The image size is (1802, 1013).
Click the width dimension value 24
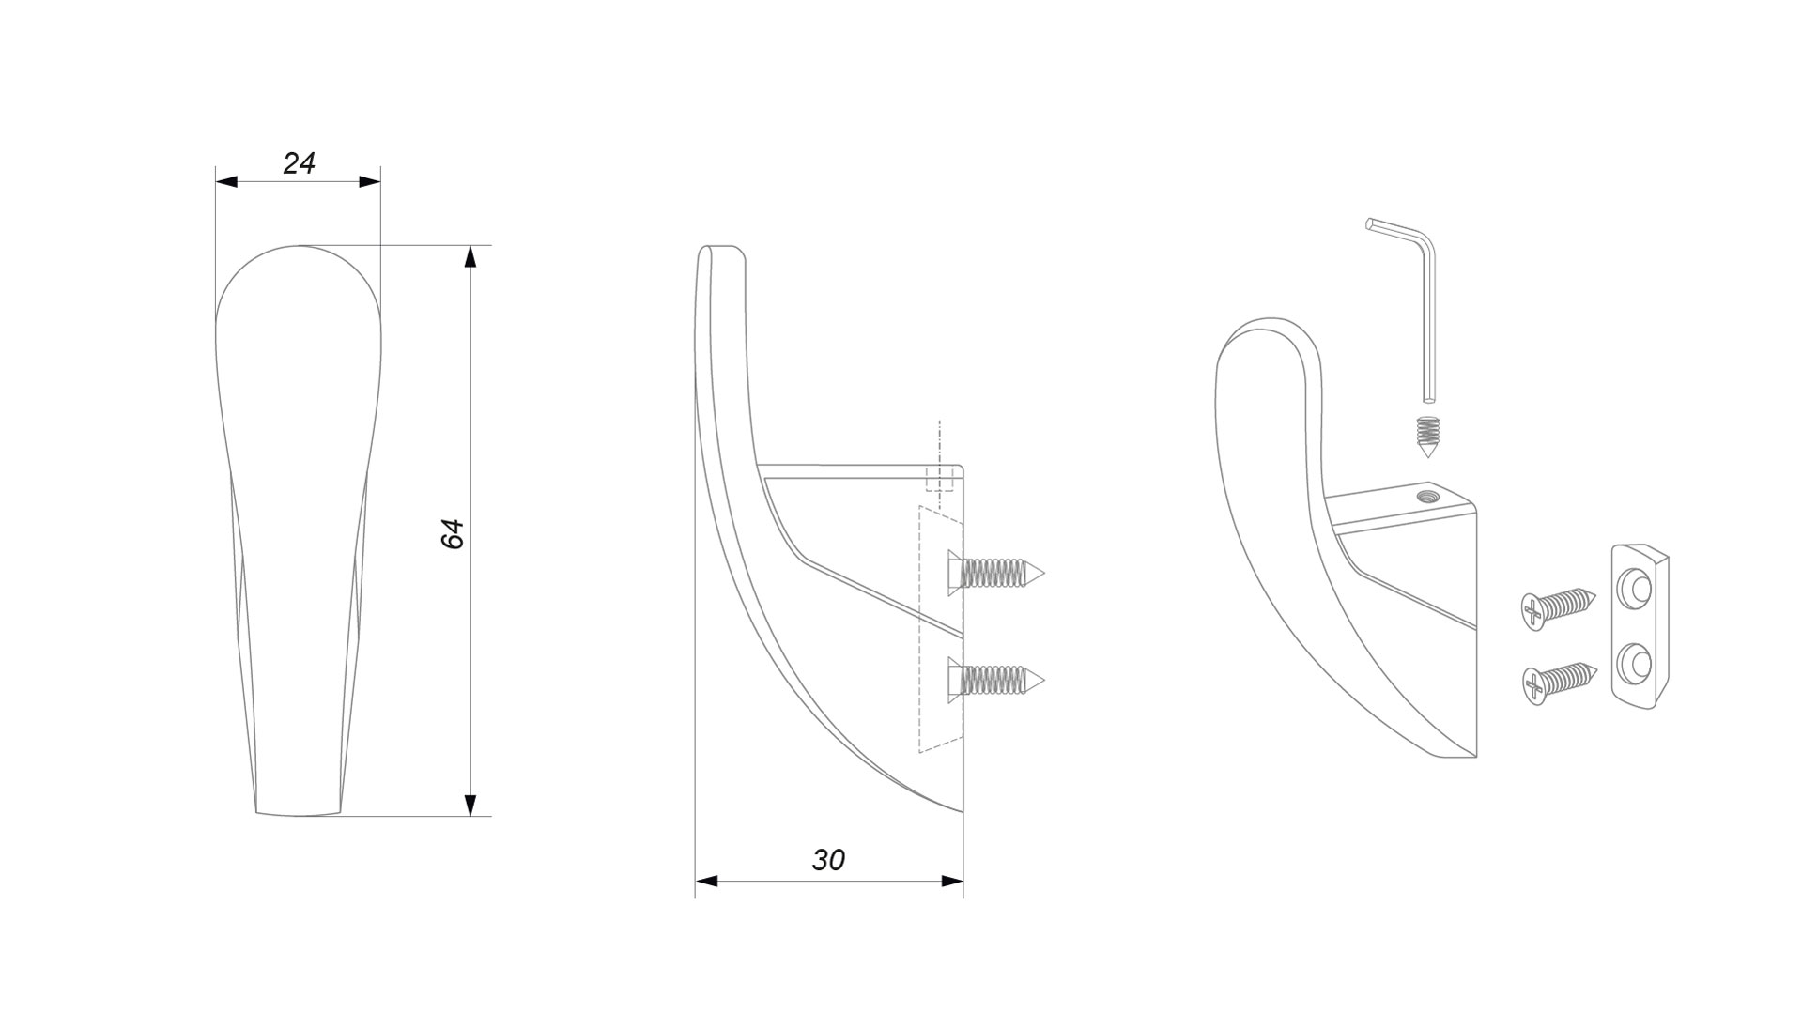coord(299,163)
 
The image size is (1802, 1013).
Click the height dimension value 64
coord(453,533)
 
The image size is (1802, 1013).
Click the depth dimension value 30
coord(828,860)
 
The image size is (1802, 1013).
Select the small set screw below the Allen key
coord(1428,437)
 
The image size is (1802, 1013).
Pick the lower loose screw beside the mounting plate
coord(1557,683)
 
